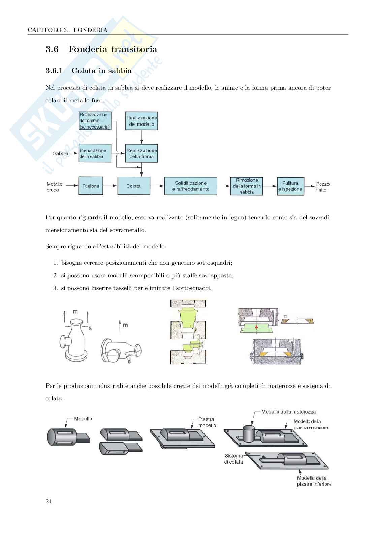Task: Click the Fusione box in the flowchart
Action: [x=91, y=186]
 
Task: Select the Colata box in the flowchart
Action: [x=133, y=186]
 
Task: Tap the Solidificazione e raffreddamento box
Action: [x=190, y=186]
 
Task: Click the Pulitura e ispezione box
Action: [x=290, y=186]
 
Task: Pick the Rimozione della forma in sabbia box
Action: [x=247, y=186]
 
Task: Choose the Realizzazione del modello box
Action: [x=142, y=121]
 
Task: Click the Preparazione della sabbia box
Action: [x=95, y=153]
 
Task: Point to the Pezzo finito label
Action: [x=322, y=187]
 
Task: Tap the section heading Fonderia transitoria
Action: [x=113, y=49]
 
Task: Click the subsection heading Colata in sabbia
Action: [x=101, y=71]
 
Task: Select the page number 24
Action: [x=49, y=501]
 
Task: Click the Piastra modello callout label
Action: [x=207, y=422]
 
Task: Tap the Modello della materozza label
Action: [x=288, y=412]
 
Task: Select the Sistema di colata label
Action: [x=233, y=459]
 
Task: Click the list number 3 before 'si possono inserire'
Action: [x=55, y=288]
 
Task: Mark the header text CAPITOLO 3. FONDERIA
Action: [x=67, y=30]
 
